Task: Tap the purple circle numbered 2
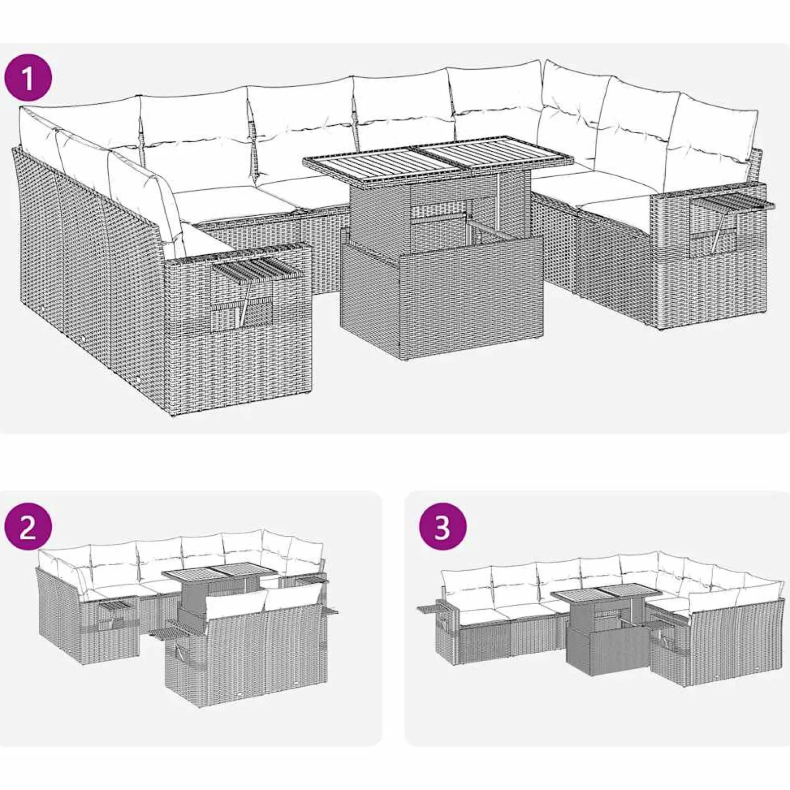click(28, 529)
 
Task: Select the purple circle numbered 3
click(443, 529)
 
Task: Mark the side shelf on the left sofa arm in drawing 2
click(117, 605)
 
